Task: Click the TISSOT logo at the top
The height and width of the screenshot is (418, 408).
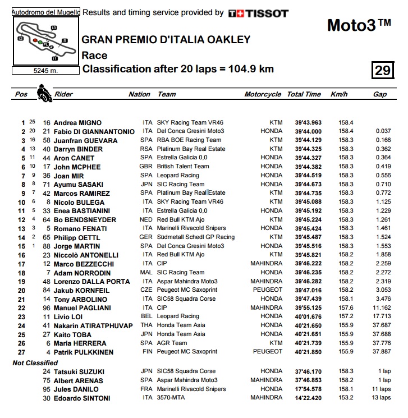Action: [x=258, y=13]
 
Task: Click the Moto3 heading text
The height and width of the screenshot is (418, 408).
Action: [x=359, y=25]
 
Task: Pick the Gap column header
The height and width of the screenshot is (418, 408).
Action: [x=380, y=94]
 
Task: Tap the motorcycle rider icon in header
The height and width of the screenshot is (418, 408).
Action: [x=42, y=93]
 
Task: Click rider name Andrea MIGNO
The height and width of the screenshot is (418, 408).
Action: [x=78, y=122]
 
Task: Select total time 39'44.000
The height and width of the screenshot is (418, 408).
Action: [x=304, y=131]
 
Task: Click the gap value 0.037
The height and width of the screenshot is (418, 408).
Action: [x=384, y=131]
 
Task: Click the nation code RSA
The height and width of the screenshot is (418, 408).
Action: [x=148, y=149]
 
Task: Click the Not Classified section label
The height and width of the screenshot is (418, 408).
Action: [x=35, y=363]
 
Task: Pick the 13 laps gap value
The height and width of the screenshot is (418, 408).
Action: [x=382, y=398]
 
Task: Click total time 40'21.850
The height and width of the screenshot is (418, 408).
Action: [x=304, y=352]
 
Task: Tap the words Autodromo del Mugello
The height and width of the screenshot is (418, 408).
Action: [x=46, y=12]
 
